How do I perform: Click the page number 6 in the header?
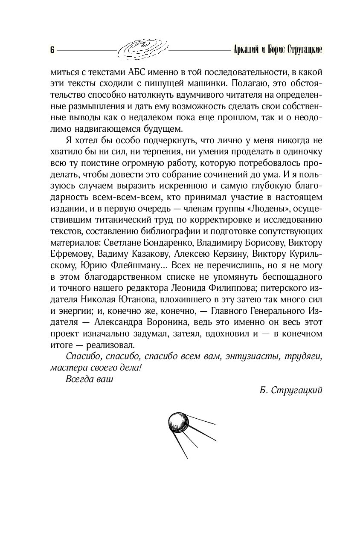[52, 49]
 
